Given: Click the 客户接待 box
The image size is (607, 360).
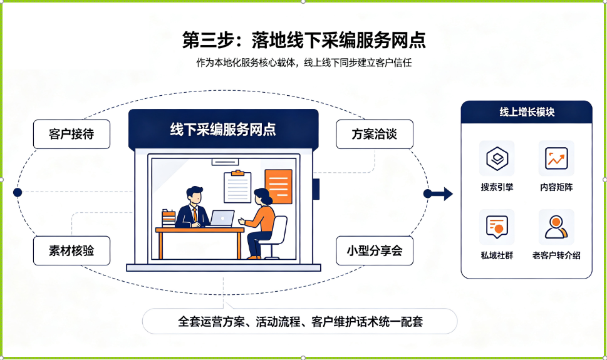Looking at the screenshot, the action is point(71,135).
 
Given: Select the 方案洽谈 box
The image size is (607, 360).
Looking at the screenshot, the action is point(375,135).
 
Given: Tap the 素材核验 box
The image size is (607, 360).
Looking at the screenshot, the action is point(71,251).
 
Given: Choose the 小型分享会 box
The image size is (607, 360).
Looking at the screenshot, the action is point(375,251).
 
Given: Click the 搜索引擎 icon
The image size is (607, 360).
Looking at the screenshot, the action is point(497,158).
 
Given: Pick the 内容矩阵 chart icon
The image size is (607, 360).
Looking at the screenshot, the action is point(556,158).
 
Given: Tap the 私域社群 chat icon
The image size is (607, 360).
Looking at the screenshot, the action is point(497,227).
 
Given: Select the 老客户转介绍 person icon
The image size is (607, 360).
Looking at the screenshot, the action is point(556,227).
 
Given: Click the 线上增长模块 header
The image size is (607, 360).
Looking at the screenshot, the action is point(526,112).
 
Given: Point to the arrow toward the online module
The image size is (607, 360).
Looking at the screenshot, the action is point(438,193).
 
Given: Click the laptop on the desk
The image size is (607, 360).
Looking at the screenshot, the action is point(222,218).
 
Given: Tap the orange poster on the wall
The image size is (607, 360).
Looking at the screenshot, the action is point(278,187).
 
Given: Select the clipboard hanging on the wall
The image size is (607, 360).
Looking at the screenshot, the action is point(237,187).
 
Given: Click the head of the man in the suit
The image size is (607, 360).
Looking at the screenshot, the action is point(194,195).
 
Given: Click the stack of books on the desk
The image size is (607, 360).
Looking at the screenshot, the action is point(169,219).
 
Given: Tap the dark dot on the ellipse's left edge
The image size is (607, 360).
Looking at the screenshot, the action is point(18,192).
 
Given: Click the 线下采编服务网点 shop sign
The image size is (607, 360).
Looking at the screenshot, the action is point(224,130).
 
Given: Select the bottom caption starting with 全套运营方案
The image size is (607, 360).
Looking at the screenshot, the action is point(300,321).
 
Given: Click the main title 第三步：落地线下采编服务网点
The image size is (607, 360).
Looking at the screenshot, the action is point(304,40).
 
